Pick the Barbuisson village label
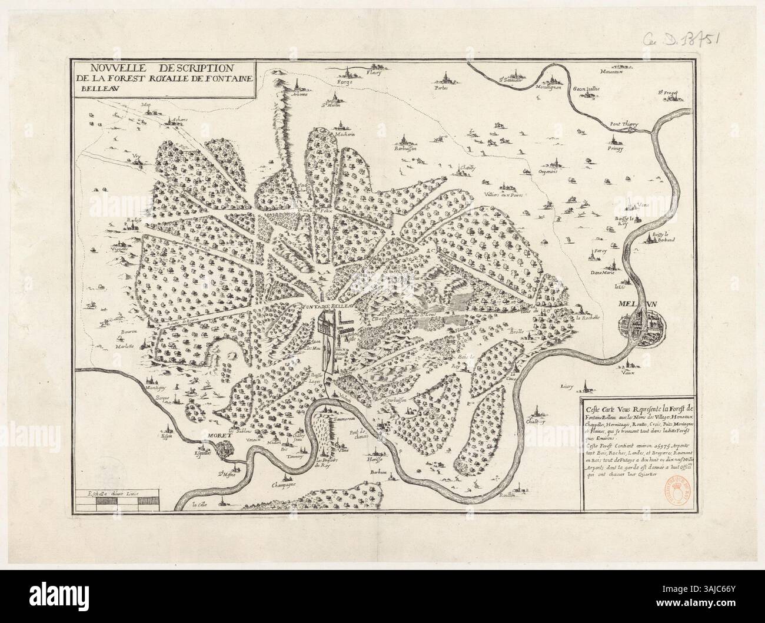click(x=404, y=150)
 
